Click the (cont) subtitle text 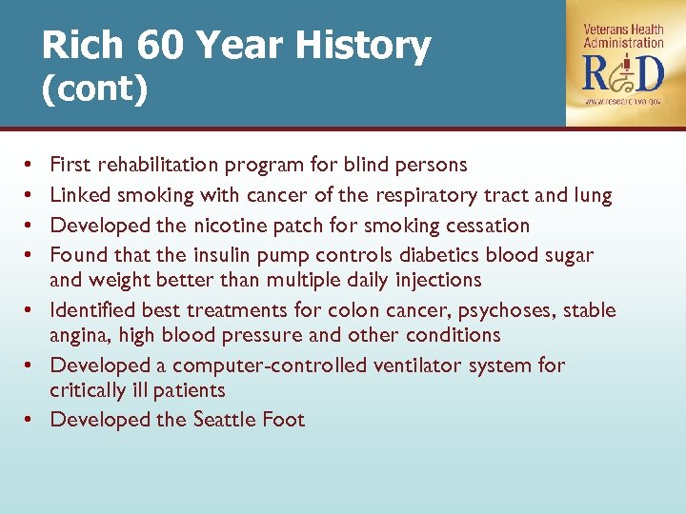[94, 89]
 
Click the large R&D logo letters [622, 71]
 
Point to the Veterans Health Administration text [623, 36]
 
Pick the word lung [591, 195]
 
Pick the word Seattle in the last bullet [226, 420]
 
